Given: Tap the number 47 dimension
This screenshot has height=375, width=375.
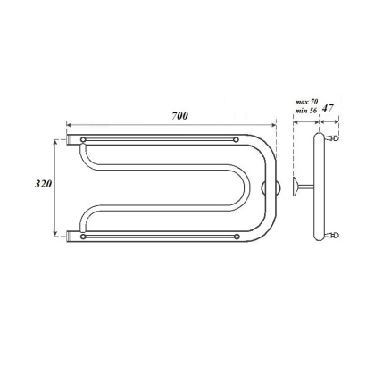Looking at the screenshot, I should pos(329,108).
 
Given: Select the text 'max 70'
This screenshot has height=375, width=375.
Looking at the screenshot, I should pos(306,104).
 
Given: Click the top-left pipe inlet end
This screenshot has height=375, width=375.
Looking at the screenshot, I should pos(69,140).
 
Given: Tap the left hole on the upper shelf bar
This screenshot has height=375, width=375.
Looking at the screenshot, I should pos(84,140).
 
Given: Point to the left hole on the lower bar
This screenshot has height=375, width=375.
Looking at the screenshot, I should pos(84,237).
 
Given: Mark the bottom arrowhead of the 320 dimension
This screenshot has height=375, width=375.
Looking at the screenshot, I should pos(59,234).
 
